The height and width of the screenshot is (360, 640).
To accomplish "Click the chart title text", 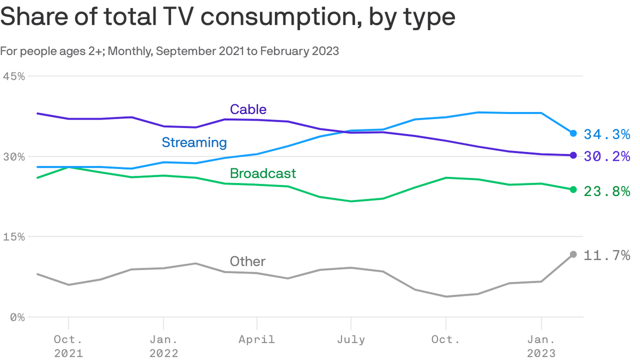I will tap(228, 17).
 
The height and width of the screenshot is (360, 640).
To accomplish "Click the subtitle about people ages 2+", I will tap(169, 51).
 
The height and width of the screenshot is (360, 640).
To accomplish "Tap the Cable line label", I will tap(248, 109).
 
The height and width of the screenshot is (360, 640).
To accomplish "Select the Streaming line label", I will tap(194, 142).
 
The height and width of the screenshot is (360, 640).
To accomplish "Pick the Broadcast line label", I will tap(263, 173).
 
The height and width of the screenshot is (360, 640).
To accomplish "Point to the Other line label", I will tap(247, 261).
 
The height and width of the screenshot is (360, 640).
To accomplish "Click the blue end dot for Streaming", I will tap(573, 134).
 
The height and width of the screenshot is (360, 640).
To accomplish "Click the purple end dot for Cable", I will tap(573, 155).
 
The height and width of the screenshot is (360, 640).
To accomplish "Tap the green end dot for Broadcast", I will tap(573, 189).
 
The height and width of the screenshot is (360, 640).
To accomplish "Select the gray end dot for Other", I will tap(573, 254).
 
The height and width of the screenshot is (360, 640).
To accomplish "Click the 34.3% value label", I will tap(607, 135).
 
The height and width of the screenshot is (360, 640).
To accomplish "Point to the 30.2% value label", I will tap(607, 156).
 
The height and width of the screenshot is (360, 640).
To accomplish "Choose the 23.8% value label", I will tap(607, 191).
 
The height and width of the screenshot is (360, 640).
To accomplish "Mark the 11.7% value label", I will tap(607, 255).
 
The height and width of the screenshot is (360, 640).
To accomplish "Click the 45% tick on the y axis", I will tap(14, 76).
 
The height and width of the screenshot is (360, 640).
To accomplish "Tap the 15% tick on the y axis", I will tap(14, 237).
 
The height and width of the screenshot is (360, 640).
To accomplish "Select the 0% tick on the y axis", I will tap(17, 317).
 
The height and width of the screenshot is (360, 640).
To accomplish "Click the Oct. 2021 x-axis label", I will tap(68, 346).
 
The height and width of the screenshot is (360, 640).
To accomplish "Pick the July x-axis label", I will tap(351, 339).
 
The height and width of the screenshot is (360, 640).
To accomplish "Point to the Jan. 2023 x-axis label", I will tap(542, 346).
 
